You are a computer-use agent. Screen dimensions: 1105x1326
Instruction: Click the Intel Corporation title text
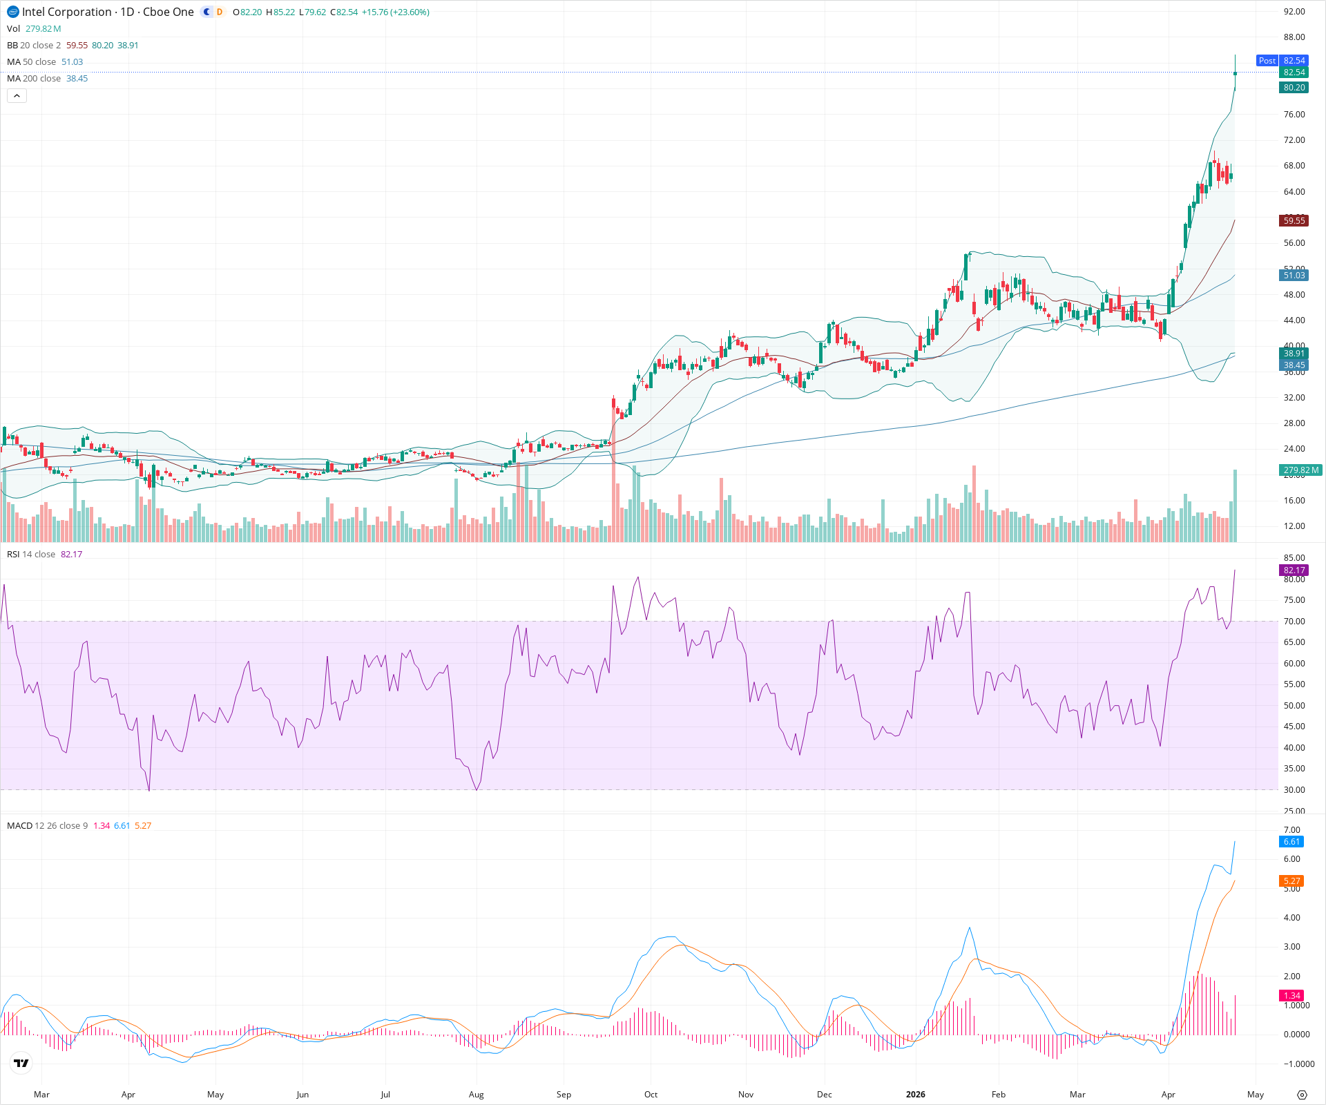pyautogui.click(x=66, y=12)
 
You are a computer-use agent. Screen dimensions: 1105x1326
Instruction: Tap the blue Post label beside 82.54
pyautogui.click(x=1267, y=61)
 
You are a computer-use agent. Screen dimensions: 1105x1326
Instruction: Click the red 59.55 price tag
pyautogui.click(x=1294, y=221)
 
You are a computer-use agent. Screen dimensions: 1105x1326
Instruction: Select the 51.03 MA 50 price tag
pyautogui.click(x=1294, y=276)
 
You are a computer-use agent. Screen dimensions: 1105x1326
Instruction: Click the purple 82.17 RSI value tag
pyautogui.click(x=1294, y=570)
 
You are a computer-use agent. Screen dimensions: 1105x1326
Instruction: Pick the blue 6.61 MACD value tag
pyautogui.click(x=1291, y=842)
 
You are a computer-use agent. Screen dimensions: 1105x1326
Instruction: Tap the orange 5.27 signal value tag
pyautogui.click(x=1291, y=881)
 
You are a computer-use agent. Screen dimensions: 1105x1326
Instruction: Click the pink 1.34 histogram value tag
pyautogui.click(x=1291, y=996)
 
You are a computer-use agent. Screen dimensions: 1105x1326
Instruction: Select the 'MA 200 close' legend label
pyautogui.click(x=34, y=79)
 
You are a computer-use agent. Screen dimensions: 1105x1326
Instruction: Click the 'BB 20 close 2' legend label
pyautogui.click(x=34, y=46)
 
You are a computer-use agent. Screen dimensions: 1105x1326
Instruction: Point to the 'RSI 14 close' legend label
pyautogui.click(x=31, y=555)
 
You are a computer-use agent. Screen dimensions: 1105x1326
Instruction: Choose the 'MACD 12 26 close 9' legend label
pyautogui.click(x=47, y=826)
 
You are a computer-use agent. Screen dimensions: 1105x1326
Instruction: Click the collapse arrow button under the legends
pyautogui.click(x=17, y=96)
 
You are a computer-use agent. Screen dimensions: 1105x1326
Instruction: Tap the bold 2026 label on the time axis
pyautogui.click(x=915, y=1095)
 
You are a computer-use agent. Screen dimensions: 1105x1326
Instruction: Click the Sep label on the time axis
pyautogui.click(x=564, y=1095)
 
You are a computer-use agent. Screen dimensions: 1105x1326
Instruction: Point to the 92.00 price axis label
pyautogui.click(x=1294, y=12)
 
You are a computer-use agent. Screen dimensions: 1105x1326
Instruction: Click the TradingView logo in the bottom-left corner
pyautogui.click(x=21, y=1063)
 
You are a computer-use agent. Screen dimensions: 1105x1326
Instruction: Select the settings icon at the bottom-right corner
pyautogui.click(x=1302, y=1095)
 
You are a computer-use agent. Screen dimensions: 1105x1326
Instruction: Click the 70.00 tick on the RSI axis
pyautogui.click(x=1294, y=622)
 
